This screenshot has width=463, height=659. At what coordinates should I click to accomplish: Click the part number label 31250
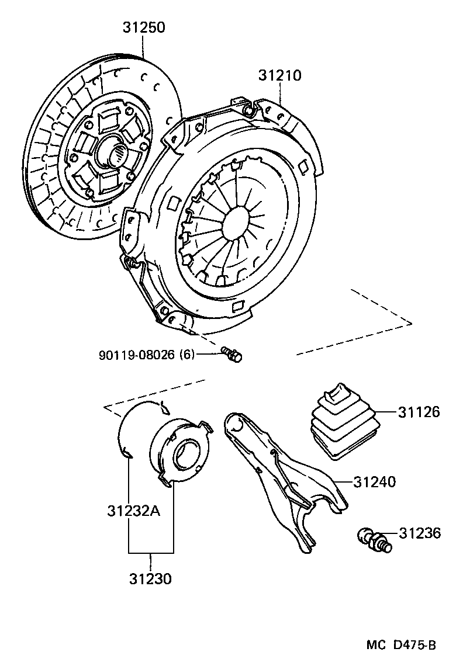pyautogui.click(x=144, y=27)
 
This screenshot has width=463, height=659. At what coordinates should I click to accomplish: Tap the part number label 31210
pyautogui.click(x=280, y=76)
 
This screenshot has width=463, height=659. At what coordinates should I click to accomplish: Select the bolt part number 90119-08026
pyautogui.click(x=137, y=355)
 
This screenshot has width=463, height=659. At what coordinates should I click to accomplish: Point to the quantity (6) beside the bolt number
pyautogui.click(x=186, y=355)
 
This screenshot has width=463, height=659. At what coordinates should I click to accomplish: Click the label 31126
pyautogui.click(x=419, y=412)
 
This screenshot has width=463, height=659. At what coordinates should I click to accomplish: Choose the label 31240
pyautogui.click(x=374, y=482)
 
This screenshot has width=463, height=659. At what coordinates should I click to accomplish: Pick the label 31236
pyautogui.click(x=420, y=533)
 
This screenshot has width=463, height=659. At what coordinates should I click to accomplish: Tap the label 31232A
pyautogui.click(x=133, y=511)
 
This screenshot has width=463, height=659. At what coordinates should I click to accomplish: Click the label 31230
pyautogui.click(x=151, y=579)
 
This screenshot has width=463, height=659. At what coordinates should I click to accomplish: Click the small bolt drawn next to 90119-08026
pyautogui.click(x=232, y=354)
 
